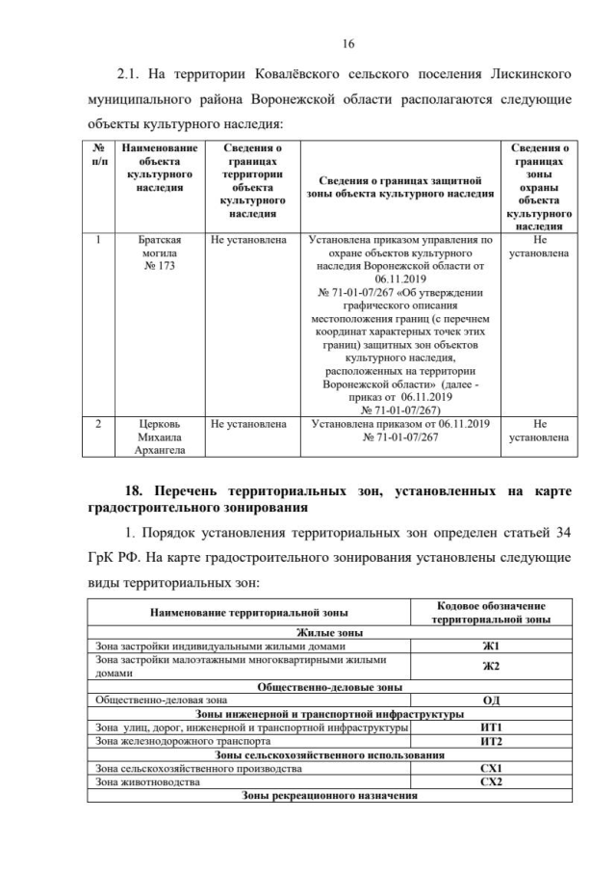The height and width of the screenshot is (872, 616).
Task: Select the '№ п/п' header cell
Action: point(98,155)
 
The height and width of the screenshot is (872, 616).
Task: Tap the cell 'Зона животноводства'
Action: point(144,782)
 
